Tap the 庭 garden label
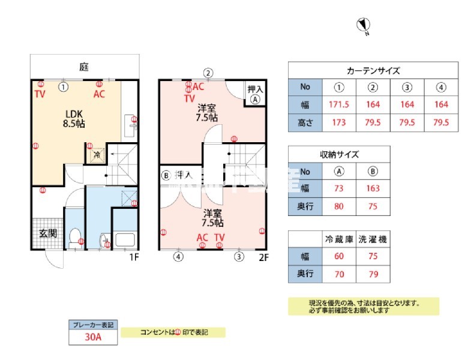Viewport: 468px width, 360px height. pyautogui.click(x=85, y=67)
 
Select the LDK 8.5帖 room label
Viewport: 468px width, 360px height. pyautogui.click(x=74, y=119)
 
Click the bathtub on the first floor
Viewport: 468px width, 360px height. pyautogui.click(x=125, y=241)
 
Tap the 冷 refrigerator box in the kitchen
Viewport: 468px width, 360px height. pyautogui.click(x=96, y=155)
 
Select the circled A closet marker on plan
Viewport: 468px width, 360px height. pyautogui.click(x=255, y=100)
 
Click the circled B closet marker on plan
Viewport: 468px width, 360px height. pyautogui.click(x=166, y=176)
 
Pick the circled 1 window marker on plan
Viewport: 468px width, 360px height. pyautogui.click(x=63, y=86)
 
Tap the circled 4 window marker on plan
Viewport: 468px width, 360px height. pyautogui.click(x=178, y=257)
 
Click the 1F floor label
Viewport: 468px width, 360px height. pyautogui.click(x=136, y=258)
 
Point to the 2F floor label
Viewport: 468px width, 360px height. pyautogui.click(x=265, y=258)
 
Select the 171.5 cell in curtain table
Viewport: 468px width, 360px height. pyautogui.click(x=340, y=104)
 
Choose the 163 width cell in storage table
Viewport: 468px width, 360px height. pyautogui.click(x=373, y=187)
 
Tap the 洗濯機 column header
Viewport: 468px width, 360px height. pyautogui.click(x=373, y=239)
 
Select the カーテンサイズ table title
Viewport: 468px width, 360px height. pyautogui.click(x=373, y=70)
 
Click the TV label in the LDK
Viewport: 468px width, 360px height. pyautogui.click(x=40, y=94)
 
